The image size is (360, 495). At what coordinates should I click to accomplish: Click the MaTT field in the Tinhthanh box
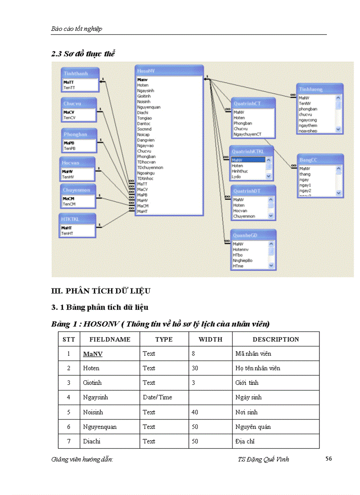[x=68, y=82]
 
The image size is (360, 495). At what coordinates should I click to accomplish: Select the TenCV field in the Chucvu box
[x=69, y=118]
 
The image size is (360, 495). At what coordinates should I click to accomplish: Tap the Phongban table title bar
[x=75, y=134]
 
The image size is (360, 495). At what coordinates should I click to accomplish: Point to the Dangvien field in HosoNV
[x=145, y=140]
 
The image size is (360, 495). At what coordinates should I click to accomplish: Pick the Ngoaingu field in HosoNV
[x=146, y=173]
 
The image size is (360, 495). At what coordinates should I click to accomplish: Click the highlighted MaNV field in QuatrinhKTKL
[x=238, y=160]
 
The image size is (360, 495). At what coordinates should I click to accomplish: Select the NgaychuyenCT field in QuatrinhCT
[x=247, y=134]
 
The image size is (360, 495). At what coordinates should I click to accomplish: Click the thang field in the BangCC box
[x=305, y=174]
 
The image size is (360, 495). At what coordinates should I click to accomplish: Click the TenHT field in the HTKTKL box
[x=67, y=233]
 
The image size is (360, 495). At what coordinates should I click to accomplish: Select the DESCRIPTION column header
[x=276, y=339]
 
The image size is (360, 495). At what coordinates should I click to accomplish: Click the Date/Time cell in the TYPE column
[x=157, y=397]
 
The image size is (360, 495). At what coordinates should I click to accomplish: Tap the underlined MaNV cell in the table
[x=93, y=354]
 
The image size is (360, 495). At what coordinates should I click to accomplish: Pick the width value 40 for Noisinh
[x=195, y=412]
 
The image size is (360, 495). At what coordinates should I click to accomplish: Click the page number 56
[x=329, y=459]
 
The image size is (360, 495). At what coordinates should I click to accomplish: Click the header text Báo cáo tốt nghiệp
[x=77, y=29]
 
